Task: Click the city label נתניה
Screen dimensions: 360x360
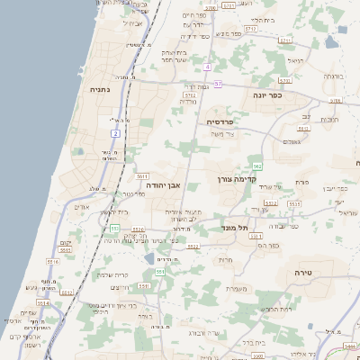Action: pyautogui.click(x=99, y=90)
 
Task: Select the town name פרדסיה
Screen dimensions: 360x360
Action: pyautogui.click(x=220, y=121)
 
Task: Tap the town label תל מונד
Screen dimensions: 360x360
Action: pyautogui.click(x=235, y=229)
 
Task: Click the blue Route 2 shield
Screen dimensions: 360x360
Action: pyautogui.click(x=115, y=133)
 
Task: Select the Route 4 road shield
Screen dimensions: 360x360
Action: pyautogui.click(x=206, y=67)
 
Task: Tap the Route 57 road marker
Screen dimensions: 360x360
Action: pyautogui.click(x=218, y=84)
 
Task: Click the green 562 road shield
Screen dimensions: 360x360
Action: pyautogui.click(x=257, y=166)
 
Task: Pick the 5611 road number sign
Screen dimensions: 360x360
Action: pyautogui.click(x=142, y=176)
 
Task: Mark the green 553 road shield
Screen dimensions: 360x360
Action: pyautogui.click(x=159, y=272)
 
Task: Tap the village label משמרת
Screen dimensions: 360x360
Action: pyautogui.click(x=237, y=288)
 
